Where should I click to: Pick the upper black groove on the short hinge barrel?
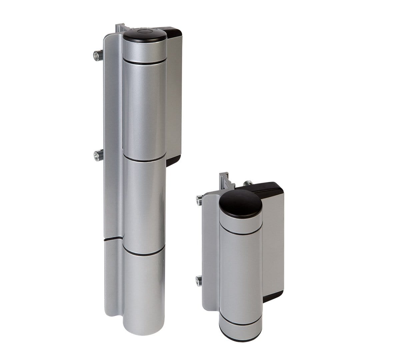pos(241,232)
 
